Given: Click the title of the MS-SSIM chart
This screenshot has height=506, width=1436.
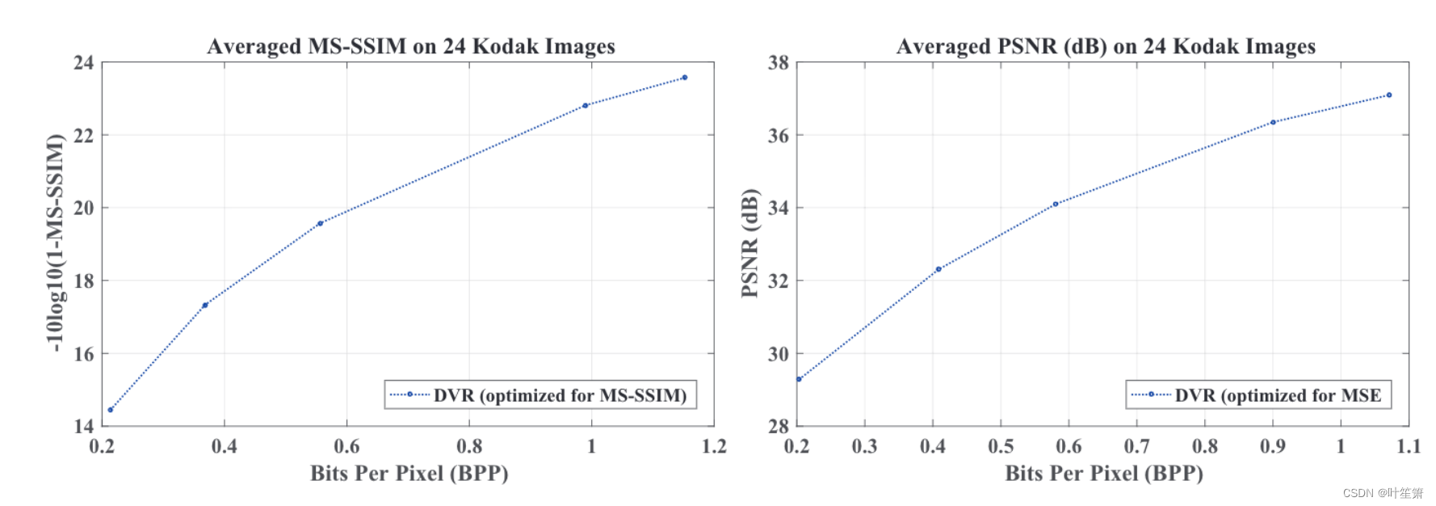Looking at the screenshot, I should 410,46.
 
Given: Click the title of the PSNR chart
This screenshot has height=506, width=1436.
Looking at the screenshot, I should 1105,46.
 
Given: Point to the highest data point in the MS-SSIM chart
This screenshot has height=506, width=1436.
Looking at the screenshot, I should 685,78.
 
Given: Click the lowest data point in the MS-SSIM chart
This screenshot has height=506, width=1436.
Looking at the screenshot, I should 111,410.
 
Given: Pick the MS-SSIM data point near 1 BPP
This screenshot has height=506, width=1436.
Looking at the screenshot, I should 586,105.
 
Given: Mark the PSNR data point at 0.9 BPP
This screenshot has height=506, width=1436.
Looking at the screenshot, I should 1273,122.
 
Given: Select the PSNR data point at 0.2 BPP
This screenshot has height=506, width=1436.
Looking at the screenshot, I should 799,379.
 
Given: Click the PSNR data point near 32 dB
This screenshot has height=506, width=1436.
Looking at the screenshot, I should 938,269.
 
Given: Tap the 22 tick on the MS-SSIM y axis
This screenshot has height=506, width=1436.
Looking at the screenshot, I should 84,135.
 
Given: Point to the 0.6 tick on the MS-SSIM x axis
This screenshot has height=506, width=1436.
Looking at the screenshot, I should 346,446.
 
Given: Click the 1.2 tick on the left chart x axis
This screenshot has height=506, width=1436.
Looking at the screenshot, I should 714,446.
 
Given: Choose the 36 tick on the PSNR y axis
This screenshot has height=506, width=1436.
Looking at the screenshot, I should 779,135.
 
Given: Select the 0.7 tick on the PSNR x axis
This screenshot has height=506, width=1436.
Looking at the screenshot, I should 1136,446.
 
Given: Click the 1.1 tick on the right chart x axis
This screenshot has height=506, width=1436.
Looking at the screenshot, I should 1409,446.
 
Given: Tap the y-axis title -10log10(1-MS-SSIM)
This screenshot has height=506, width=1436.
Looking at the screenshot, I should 54,242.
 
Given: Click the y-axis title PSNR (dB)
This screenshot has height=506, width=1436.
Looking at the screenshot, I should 749,242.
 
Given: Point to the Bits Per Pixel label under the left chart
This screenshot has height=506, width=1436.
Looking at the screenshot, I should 409,473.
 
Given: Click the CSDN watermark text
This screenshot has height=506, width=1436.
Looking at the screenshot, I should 1383,493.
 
